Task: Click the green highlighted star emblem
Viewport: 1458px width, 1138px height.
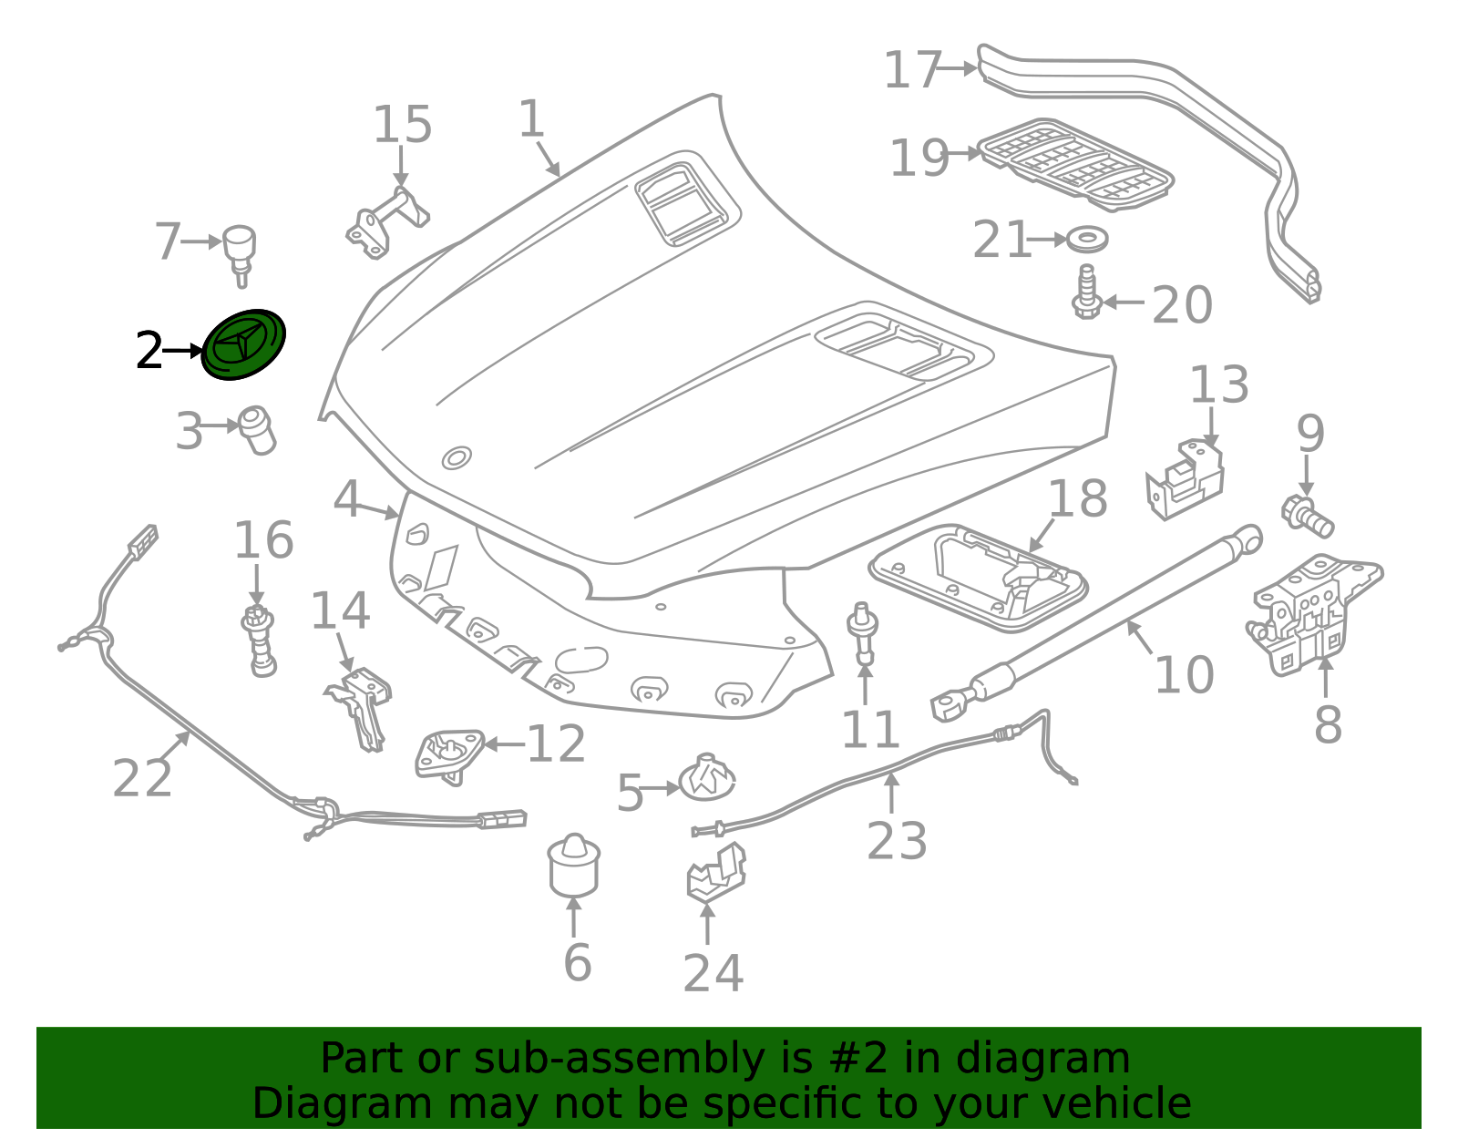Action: click(x=244, y=344)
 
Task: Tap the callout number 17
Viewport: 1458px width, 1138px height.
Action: click(x=913, y=69)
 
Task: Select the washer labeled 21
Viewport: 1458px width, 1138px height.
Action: click(x=1087, y=240)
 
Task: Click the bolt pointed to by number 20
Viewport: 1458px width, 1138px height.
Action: click(x=1086, y=292)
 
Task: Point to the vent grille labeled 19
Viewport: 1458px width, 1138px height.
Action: click(x=1075, y=165)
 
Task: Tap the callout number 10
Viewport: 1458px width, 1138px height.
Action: click(x=1185, y=674)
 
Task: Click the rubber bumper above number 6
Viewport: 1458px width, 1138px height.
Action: click(x=574, y=866)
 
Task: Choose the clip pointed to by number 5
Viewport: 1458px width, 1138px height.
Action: click(x=707, y=778)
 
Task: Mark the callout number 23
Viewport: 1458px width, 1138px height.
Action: click(x=897, y=841)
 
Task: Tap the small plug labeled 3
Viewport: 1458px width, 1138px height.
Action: click(x=258, y=430)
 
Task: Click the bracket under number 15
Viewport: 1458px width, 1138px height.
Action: click(x=387, y=222)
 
